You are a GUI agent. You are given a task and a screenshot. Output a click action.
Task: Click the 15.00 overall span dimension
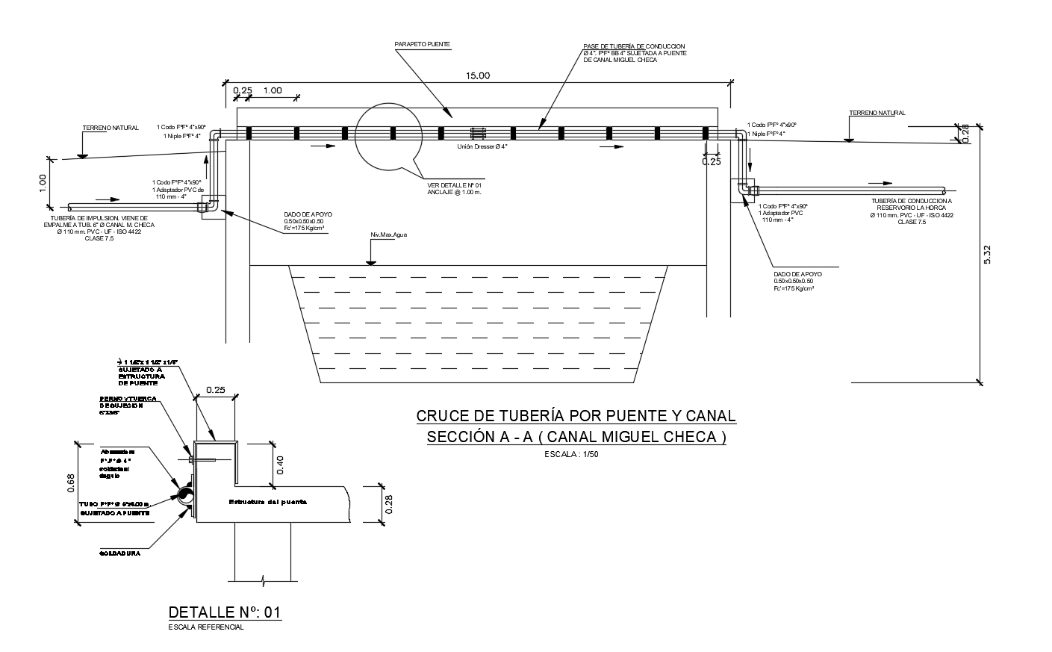click(478, 75)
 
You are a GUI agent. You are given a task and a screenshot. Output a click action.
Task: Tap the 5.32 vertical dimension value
click(988, 254)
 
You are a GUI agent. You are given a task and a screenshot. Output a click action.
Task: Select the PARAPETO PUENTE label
click(422, 45)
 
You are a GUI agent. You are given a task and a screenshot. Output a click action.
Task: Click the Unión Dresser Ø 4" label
click(482, 146)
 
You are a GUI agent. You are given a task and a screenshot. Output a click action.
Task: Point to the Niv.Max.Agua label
click(388, 235)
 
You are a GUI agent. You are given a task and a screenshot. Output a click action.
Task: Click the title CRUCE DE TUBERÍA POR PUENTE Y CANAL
click(576, 416)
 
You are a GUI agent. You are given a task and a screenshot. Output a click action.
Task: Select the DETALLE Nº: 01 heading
click(225, 612)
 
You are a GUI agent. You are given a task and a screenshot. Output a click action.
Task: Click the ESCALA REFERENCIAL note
click(207, 627)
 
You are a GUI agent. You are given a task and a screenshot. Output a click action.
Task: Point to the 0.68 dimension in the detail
click(71, 484)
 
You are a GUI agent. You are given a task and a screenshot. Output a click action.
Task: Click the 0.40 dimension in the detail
click(280, 465)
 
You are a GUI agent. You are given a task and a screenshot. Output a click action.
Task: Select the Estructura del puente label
click(268, 502)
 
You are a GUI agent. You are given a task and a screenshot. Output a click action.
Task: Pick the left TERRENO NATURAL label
click(110, 128)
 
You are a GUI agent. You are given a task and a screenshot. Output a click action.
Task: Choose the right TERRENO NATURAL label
click(877, 113)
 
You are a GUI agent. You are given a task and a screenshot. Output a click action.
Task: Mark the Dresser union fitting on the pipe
click(478, 133)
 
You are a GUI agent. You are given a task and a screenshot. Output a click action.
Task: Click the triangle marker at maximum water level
click(370, 261)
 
